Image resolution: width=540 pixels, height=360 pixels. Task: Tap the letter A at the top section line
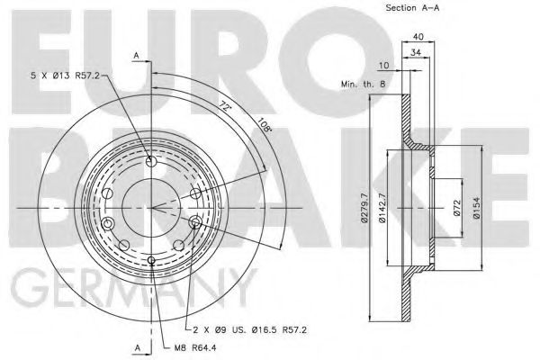pyautogui.click(x=136, y=57)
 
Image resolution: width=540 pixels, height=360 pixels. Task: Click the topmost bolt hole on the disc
pyautogui.click(x=150, y=162)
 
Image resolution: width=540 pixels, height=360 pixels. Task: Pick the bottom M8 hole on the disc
pyautogui.click(x=150, y=261)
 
